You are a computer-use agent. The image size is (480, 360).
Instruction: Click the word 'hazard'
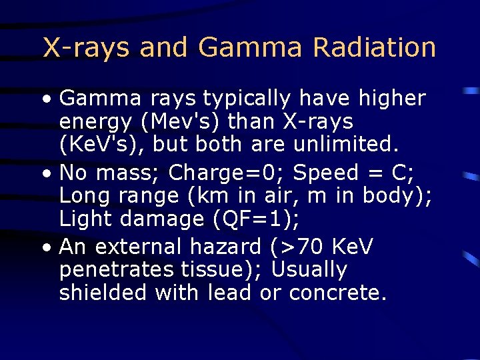point(227,247)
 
